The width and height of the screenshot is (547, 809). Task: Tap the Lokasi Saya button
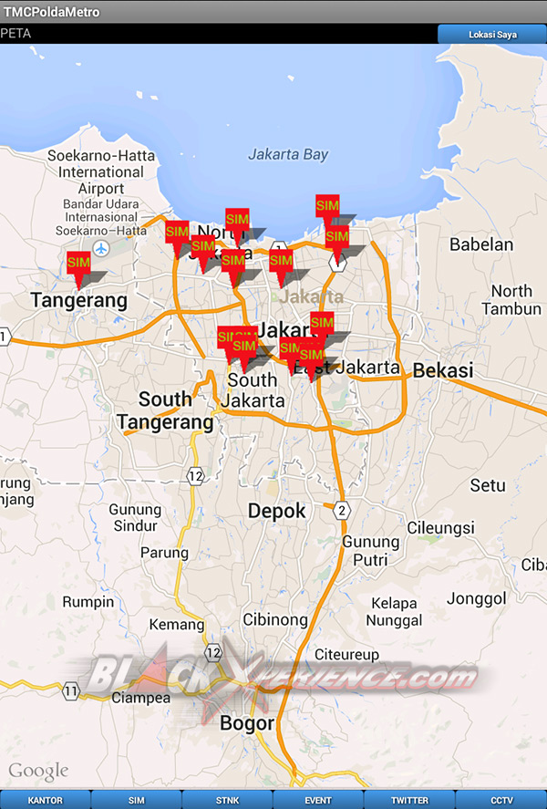pyautogui.click(x=492, y=35)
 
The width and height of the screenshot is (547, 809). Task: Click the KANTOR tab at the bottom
pyautogui.click(x=46, y=800)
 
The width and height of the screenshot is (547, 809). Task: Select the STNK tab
pyautogui.click(x=227, y=800)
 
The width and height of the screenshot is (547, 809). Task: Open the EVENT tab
pyautogui.click(x=318, y=800)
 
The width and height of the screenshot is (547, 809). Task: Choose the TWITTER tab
pyautogui.click(x=409, y=800)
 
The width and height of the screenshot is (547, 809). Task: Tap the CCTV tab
pyautogui.click(x=501, y=800)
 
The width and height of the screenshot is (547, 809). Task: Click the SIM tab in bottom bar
pyautogui.click(x=136, y=800)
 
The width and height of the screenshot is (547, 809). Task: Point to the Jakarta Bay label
pyautogui.click(x=288, y=155)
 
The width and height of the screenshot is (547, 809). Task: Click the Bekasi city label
pyautogui.click(x=443, y=371)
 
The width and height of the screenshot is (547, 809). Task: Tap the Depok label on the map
pyautogui.click(x=277, y=512)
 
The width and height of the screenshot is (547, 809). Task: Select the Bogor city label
pyautogui.click(x=247, y=723)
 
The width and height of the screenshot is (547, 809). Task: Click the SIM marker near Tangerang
pyautogui.click(x=79, y=264)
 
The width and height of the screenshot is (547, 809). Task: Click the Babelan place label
pyautogui.click(x=481, y=244)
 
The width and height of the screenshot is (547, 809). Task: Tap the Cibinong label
pyautogui.click(x=275, y=619)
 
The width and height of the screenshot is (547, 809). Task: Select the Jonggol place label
pyautogui.click(x=476, y=598)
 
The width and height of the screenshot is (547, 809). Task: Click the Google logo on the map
pyautogui.click(x=38, y=772)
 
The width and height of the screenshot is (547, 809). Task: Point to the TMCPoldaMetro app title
pyautogui.click(x=52, y=12)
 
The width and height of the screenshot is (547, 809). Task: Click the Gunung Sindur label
pyautogui.click(x=135, y=518)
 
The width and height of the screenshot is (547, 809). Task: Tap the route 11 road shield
pyautogui.click(x=71, y=691)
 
